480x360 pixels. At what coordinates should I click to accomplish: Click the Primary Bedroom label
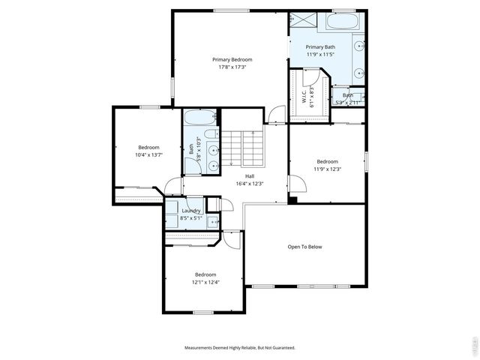232,59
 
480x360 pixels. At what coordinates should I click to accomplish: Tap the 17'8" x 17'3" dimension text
232,67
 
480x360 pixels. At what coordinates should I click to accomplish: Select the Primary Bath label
320,46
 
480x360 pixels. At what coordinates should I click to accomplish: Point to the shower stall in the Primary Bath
303,21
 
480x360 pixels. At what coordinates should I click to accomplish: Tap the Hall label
238,175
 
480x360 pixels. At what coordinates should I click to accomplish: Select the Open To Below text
305,246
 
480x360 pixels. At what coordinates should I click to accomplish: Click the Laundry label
190,211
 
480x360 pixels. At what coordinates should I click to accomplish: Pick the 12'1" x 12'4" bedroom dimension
205,282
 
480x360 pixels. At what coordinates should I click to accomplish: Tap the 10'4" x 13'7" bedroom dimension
148,154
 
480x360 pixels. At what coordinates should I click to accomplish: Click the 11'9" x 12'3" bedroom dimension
328,169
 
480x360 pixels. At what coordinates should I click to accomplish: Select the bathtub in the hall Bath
199,117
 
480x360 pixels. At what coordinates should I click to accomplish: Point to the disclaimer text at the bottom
240,348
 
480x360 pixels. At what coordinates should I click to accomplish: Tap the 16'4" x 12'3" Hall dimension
238,183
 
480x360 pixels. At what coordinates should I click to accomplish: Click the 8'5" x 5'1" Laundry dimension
190,217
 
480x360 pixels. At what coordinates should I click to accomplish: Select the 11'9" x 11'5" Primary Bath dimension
320,54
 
